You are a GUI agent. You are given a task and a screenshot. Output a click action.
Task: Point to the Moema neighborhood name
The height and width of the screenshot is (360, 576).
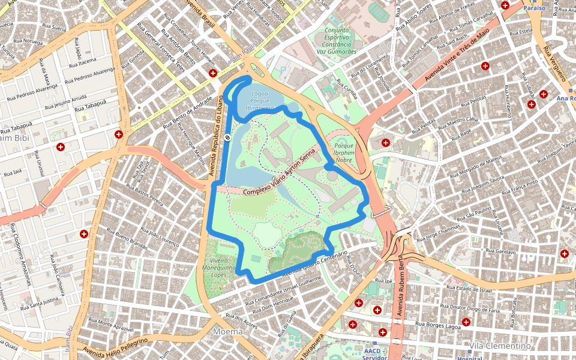(x=228, y=331)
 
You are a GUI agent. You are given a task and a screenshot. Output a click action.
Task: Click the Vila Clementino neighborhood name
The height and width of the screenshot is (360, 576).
(x=500, y=346)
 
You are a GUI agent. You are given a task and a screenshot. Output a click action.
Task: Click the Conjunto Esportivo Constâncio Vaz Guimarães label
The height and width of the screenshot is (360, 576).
(x=339, y=41)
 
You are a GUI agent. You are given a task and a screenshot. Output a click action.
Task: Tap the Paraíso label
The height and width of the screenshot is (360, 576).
(x=534, y=8)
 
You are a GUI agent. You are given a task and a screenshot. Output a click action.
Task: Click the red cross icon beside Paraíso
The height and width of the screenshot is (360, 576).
(x=505, y=5)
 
